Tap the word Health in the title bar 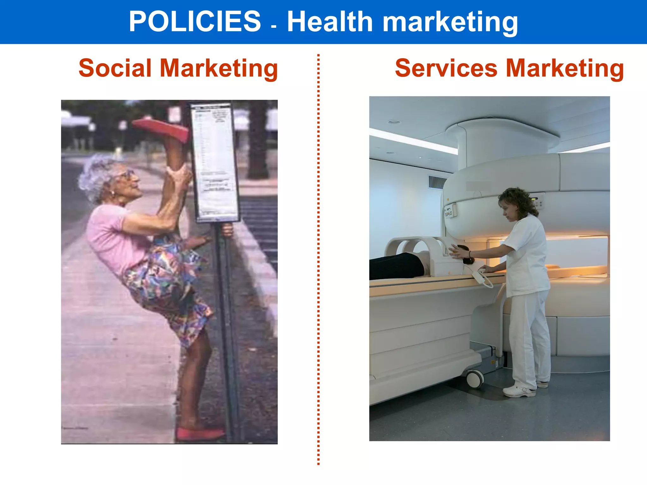coord(330,22)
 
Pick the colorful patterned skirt coord(167,284)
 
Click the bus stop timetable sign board coord(215,161)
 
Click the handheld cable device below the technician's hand coord(483,278)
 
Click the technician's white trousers coord(529,338)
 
